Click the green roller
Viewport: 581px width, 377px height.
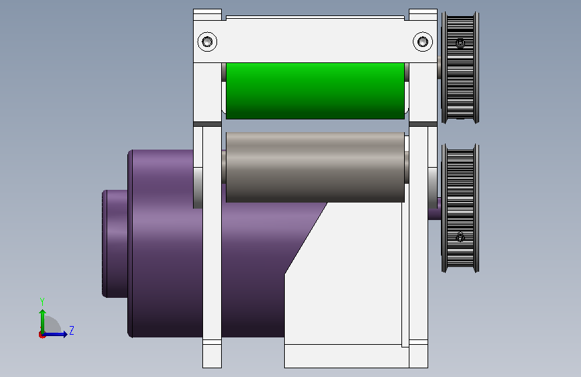click(x=315, y=91)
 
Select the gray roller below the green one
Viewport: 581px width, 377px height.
click(x=315, y=167)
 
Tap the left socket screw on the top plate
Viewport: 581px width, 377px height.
click(x=207, y=42)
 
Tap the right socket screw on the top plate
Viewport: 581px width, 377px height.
click(x=423, y=42)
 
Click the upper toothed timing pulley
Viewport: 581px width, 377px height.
click(x=460, y=67)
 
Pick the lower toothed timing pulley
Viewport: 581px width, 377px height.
click(x=460, y=208)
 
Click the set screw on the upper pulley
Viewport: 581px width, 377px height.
click(x=460, y=43)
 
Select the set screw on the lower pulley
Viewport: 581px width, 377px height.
click(x=460, y=237)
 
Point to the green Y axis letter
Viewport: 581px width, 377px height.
click(x=42, y=301)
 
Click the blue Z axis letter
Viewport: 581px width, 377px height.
click(x=72, y=330)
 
